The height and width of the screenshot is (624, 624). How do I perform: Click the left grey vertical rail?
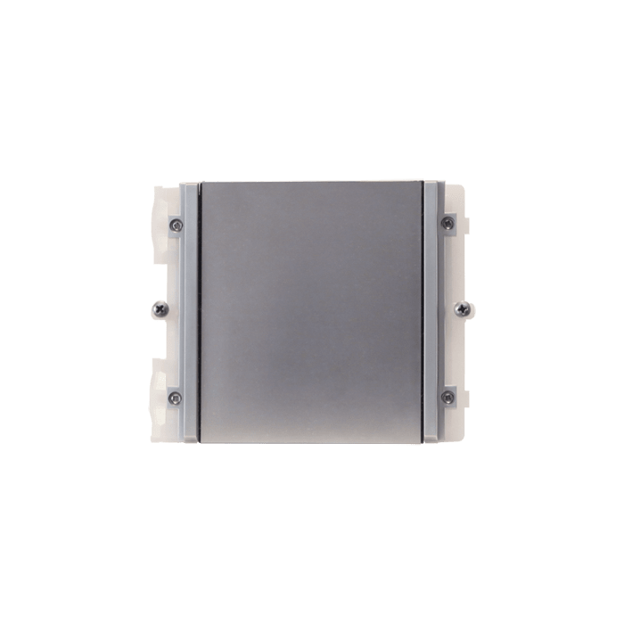click(x=189, y=312)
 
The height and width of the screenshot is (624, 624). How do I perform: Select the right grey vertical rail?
click(x=434, y=312)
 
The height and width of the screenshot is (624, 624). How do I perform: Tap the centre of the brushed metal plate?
click(x=311, y=312)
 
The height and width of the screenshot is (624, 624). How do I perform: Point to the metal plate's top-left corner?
click(x=201, y=182)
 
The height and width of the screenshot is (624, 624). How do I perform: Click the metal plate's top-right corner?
click(x=423, y=182)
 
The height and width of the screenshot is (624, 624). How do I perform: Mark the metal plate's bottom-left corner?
click(x=201, y=443)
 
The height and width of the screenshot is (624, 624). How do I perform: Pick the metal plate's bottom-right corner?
click(x=423, y=443)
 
